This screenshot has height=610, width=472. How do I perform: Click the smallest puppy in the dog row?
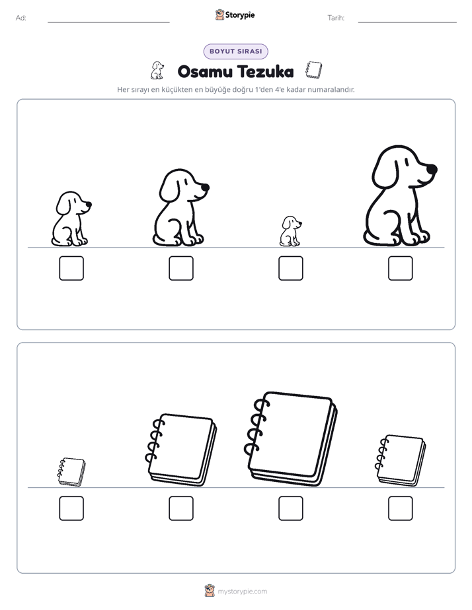(290, 232)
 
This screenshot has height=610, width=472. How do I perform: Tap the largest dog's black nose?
(432, 169)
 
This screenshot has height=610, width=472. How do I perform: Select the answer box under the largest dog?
(401, 268)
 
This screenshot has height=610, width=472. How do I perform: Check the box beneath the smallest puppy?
(290, 268)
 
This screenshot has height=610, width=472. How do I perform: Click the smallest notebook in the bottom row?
(71, 472)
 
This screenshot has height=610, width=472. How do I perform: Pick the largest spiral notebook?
(290, 439)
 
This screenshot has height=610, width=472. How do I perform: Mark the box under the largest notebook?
(290, 508)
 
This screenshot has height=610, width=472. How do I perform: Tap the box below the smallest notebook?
(71, 508)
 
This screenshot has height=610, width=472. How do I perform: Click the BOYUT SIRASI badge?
(235, 51)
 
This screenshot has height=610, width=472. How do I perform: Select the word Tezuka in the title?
(266, 71)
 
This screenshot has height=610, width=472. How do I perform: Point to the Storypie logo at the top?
(235, 15)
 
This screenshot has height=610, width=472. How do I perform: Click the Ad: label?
(21, 18)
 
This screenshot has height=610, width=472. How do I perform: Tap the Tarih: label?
(336, 18)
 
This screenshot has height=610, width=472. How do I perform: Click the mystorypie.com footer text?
(242, 592)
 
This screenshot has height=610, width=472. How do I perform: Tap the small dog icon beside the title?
(157, 71)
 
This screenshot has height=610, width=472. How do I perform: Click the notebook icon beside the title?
(313, 70)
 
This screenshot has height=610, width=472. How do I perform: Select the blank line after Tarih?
(407, 22)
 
